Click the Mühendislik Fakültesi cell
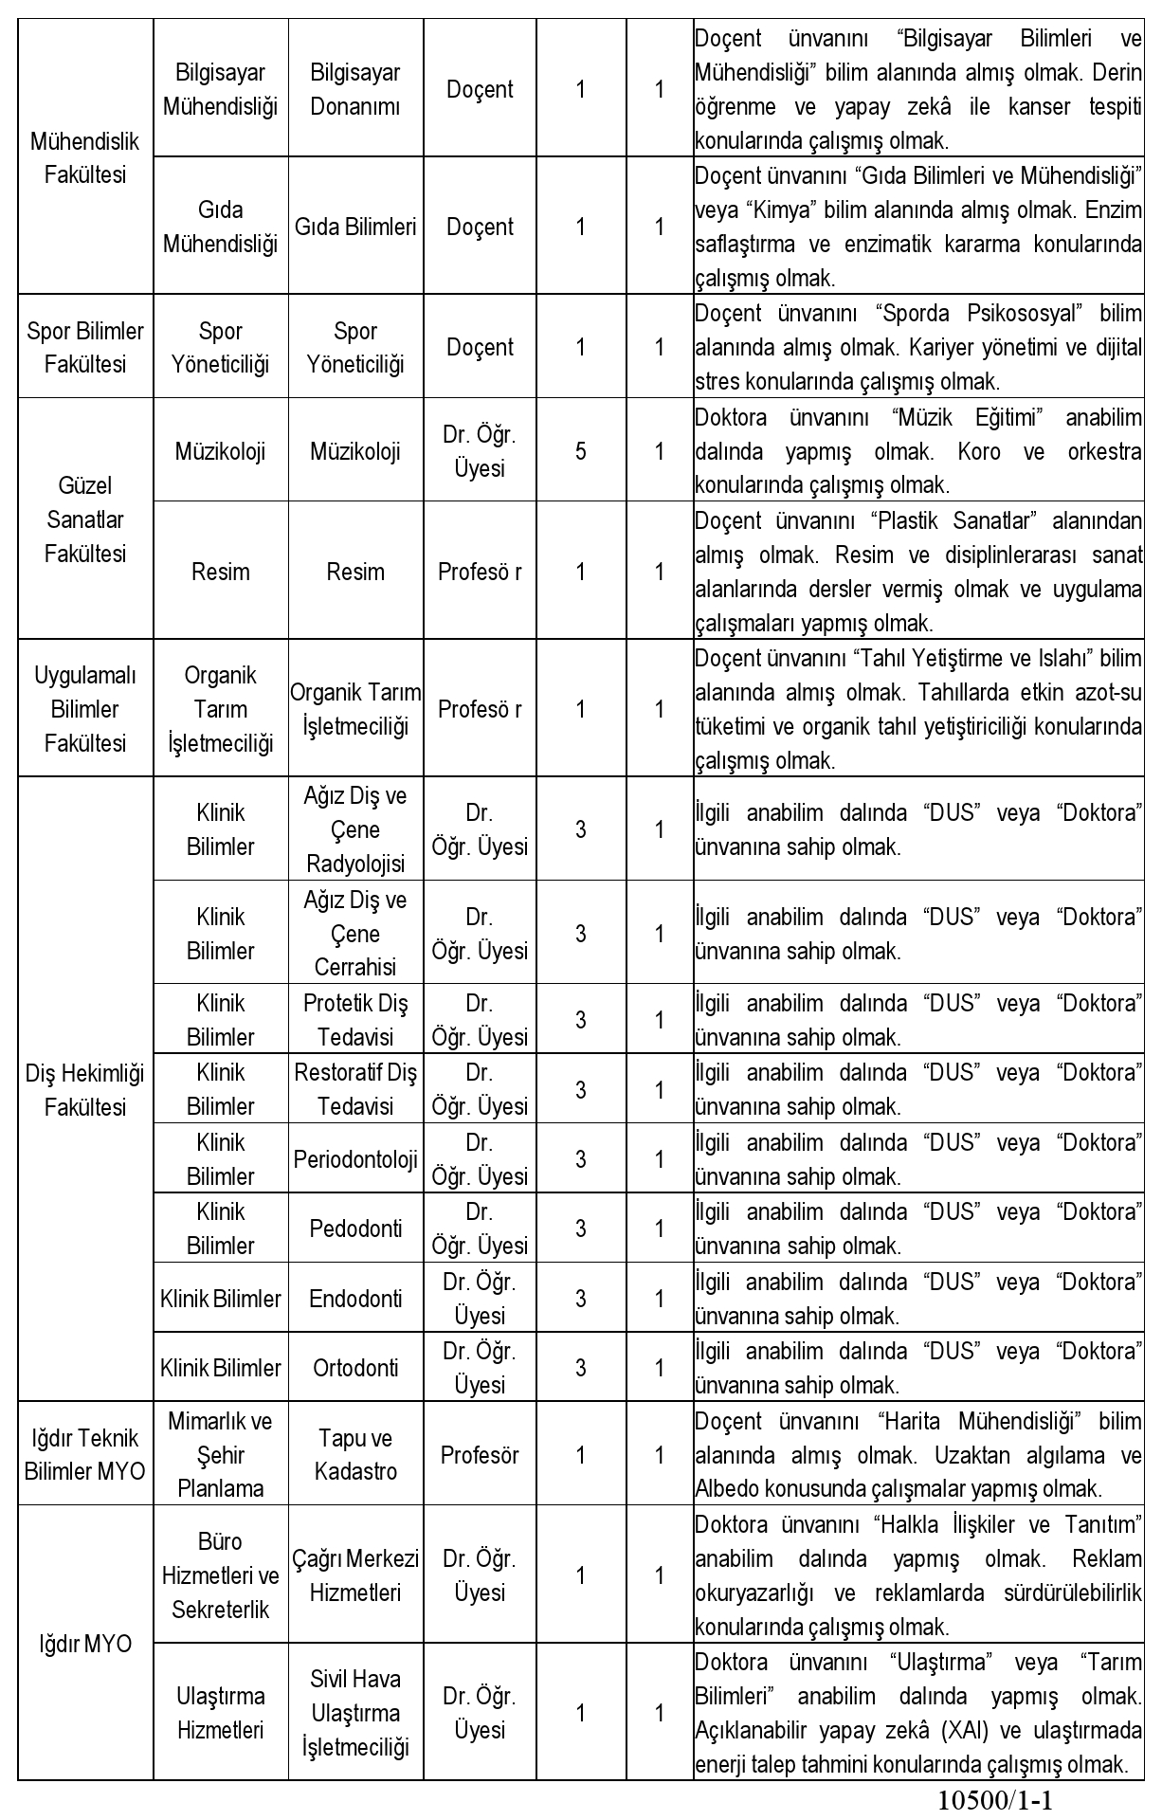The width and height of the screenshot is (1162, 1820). [x=85, y=158]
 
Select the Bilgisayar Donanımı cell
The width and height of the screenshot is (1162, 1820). [x=355, y=89]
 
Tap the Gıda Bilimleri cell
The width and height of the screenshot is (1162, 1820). [x=355, y=227]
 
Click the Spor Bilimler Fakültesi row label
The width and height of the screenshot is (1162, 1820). [x=85, y=347]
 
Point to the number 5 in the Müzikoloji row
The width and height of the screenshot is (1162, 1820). [x=581, y=451]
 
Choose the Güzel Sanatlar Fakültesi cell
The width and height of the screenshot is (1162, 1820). [x=85, y=519]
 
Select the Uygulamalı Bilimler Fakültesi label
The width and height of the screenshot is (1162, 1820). [x=85, y=709]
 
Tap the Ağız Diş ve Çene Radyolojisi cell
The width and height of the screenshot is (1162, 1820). [x=355, y=829]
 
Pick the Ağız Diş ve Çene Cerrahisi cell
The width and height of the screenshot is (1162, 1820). [x=355, y=934]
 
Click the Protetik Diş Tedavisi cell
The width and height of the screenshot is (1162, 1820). [x=355, y=1020]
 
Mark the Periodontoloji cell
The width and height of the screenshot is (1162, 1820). [x=355, y=1159]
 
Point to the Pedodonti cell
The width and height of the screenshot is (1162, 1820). [x=355, y=1228]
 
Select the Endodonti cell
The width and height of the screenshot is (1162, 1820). [x=355, y=1299]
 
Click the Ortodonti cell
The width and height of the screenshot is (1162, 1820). [x=355, y=1368]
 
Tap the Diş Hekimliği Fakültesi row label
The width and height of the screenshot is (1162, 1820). [x=85, y=1090]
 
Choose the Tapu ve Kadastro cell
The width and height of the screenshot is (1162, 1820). [x=355, y=1455]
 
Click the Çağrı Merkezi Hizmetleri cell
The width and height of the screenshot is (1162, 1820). [x=355, y=1575]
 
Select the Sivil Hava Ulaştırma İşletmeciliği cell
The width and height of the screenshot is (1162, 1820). [x=355, y=1713]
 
